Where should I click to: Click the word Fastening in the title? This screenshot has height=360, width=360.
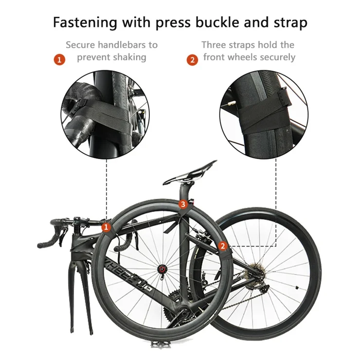pos(85,23)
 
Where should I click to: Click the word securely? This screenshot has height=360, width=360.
pos(278,57)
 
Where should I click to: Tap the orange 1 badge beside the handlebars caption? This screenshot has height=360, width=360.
pos(59,60)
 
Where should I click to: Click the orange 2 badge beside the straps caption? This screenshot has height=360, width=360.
pos(192,60)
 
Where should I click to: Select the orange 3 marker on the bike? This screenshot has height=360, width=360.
pos(183,204)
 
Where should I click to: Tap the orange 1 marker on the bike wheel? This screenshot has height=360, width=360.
pos(106,227)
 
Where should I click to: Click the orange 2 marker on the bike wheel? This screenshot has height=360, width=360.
pos(222,246)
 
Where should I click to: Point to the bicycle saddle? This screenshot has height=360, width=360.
pos(190,173)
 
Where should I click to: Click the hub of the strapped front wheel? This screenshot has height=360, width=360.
pos(162,269)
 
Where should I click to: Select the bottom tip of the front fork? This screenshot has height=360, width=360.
pos(92,332)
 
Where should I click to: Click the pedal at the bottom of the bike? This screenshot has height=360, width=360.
pos(161,344)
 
